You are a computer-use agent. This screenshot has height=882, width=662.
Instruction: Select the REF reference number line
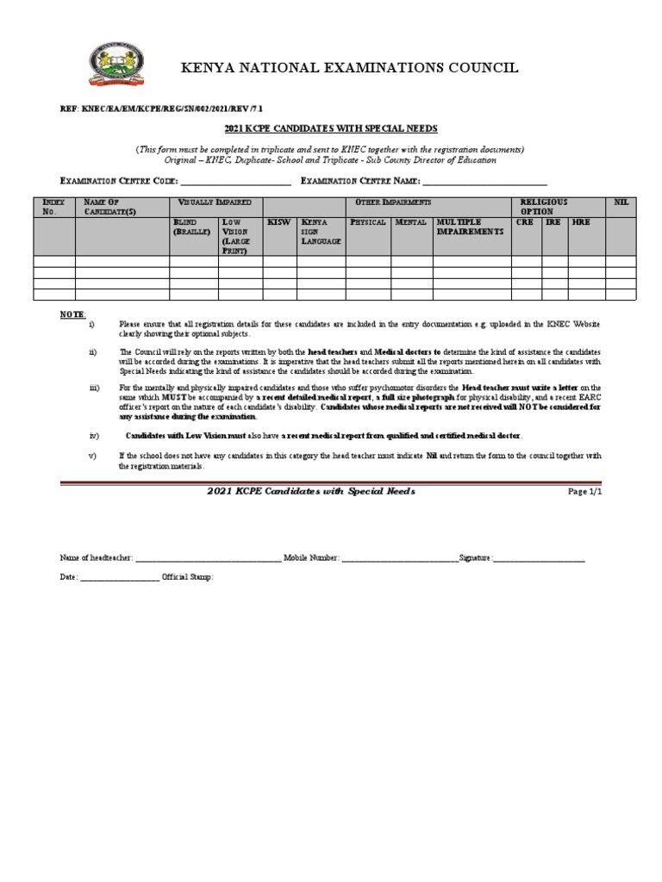(x=161, y=110)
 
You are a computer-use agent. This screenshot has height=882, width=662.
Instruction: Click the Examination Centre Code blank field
(x=235, y=182)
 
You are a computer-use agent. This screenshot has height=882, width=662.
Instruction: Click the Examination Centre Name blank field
(x=484, y=182)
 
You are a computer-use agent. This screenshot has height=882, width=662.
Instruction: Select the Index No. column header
(x=53, y=207)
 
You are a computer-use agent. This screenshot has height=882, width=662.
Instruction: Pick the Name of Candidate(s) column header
(x=106, y=207)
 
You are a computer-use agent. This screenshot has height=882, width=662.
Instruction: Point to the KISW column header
(x=278, y=222)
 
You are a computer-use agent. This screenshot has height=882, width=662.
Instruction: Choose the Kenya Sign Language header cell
(x=319, y=232)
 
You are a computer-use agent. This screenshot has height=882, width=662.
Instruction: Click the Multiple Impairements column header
(x=470, y=227)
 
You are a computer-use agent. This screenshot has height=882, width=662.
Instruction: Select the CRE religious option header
(x=524, y=222)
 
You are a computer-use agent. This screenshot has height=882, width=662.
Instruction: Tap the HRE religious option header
(x=581, y=222)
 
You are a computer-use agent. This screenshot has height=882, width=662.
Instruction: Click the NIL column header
(x=621, y=202)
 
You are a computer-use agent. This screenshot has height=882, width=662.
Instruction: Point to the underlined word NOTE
(x=72, y=314)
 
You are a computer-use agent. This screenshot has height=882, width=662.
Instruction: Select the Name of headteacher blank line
(x=208, y=558)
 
